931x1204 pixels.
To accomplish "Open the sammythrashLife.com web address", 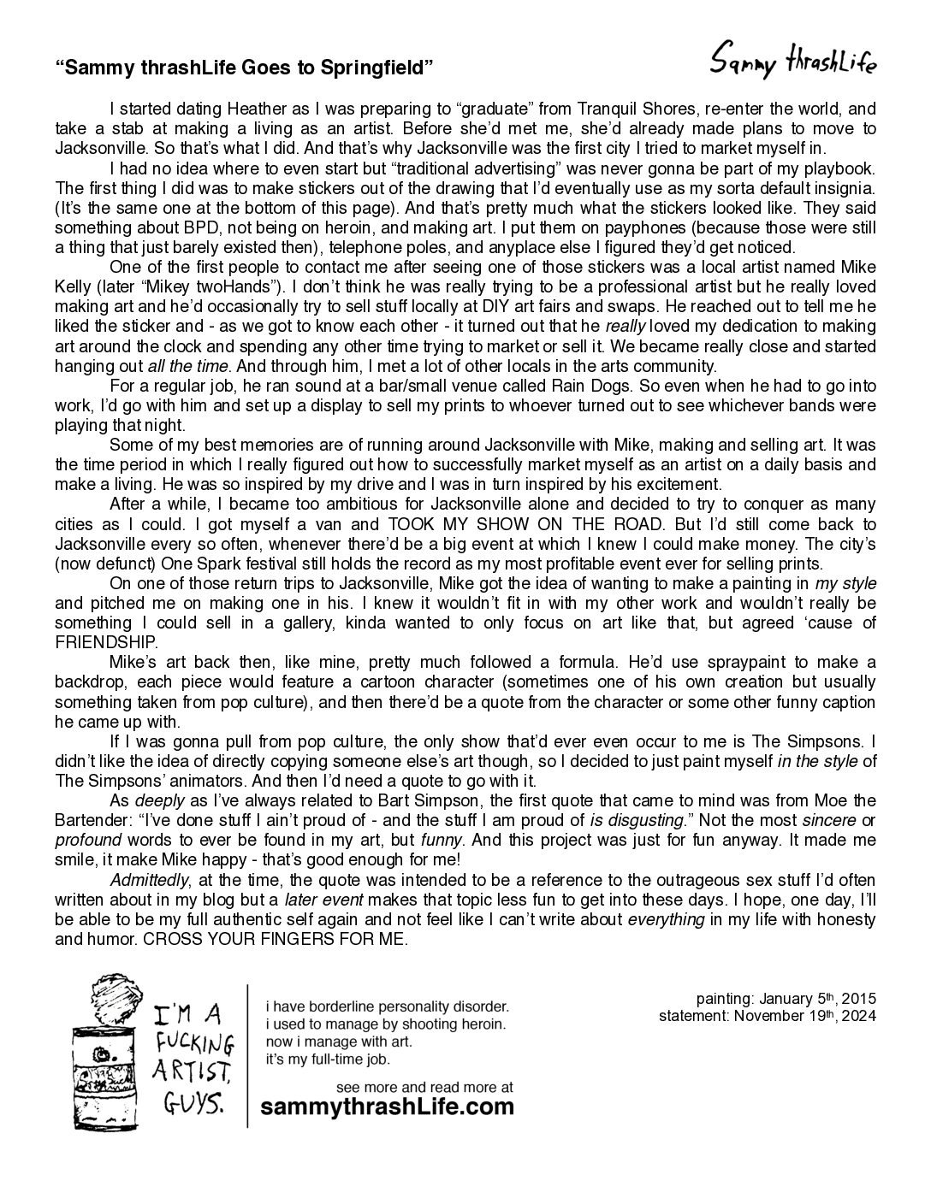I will tap(388, 1107).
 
